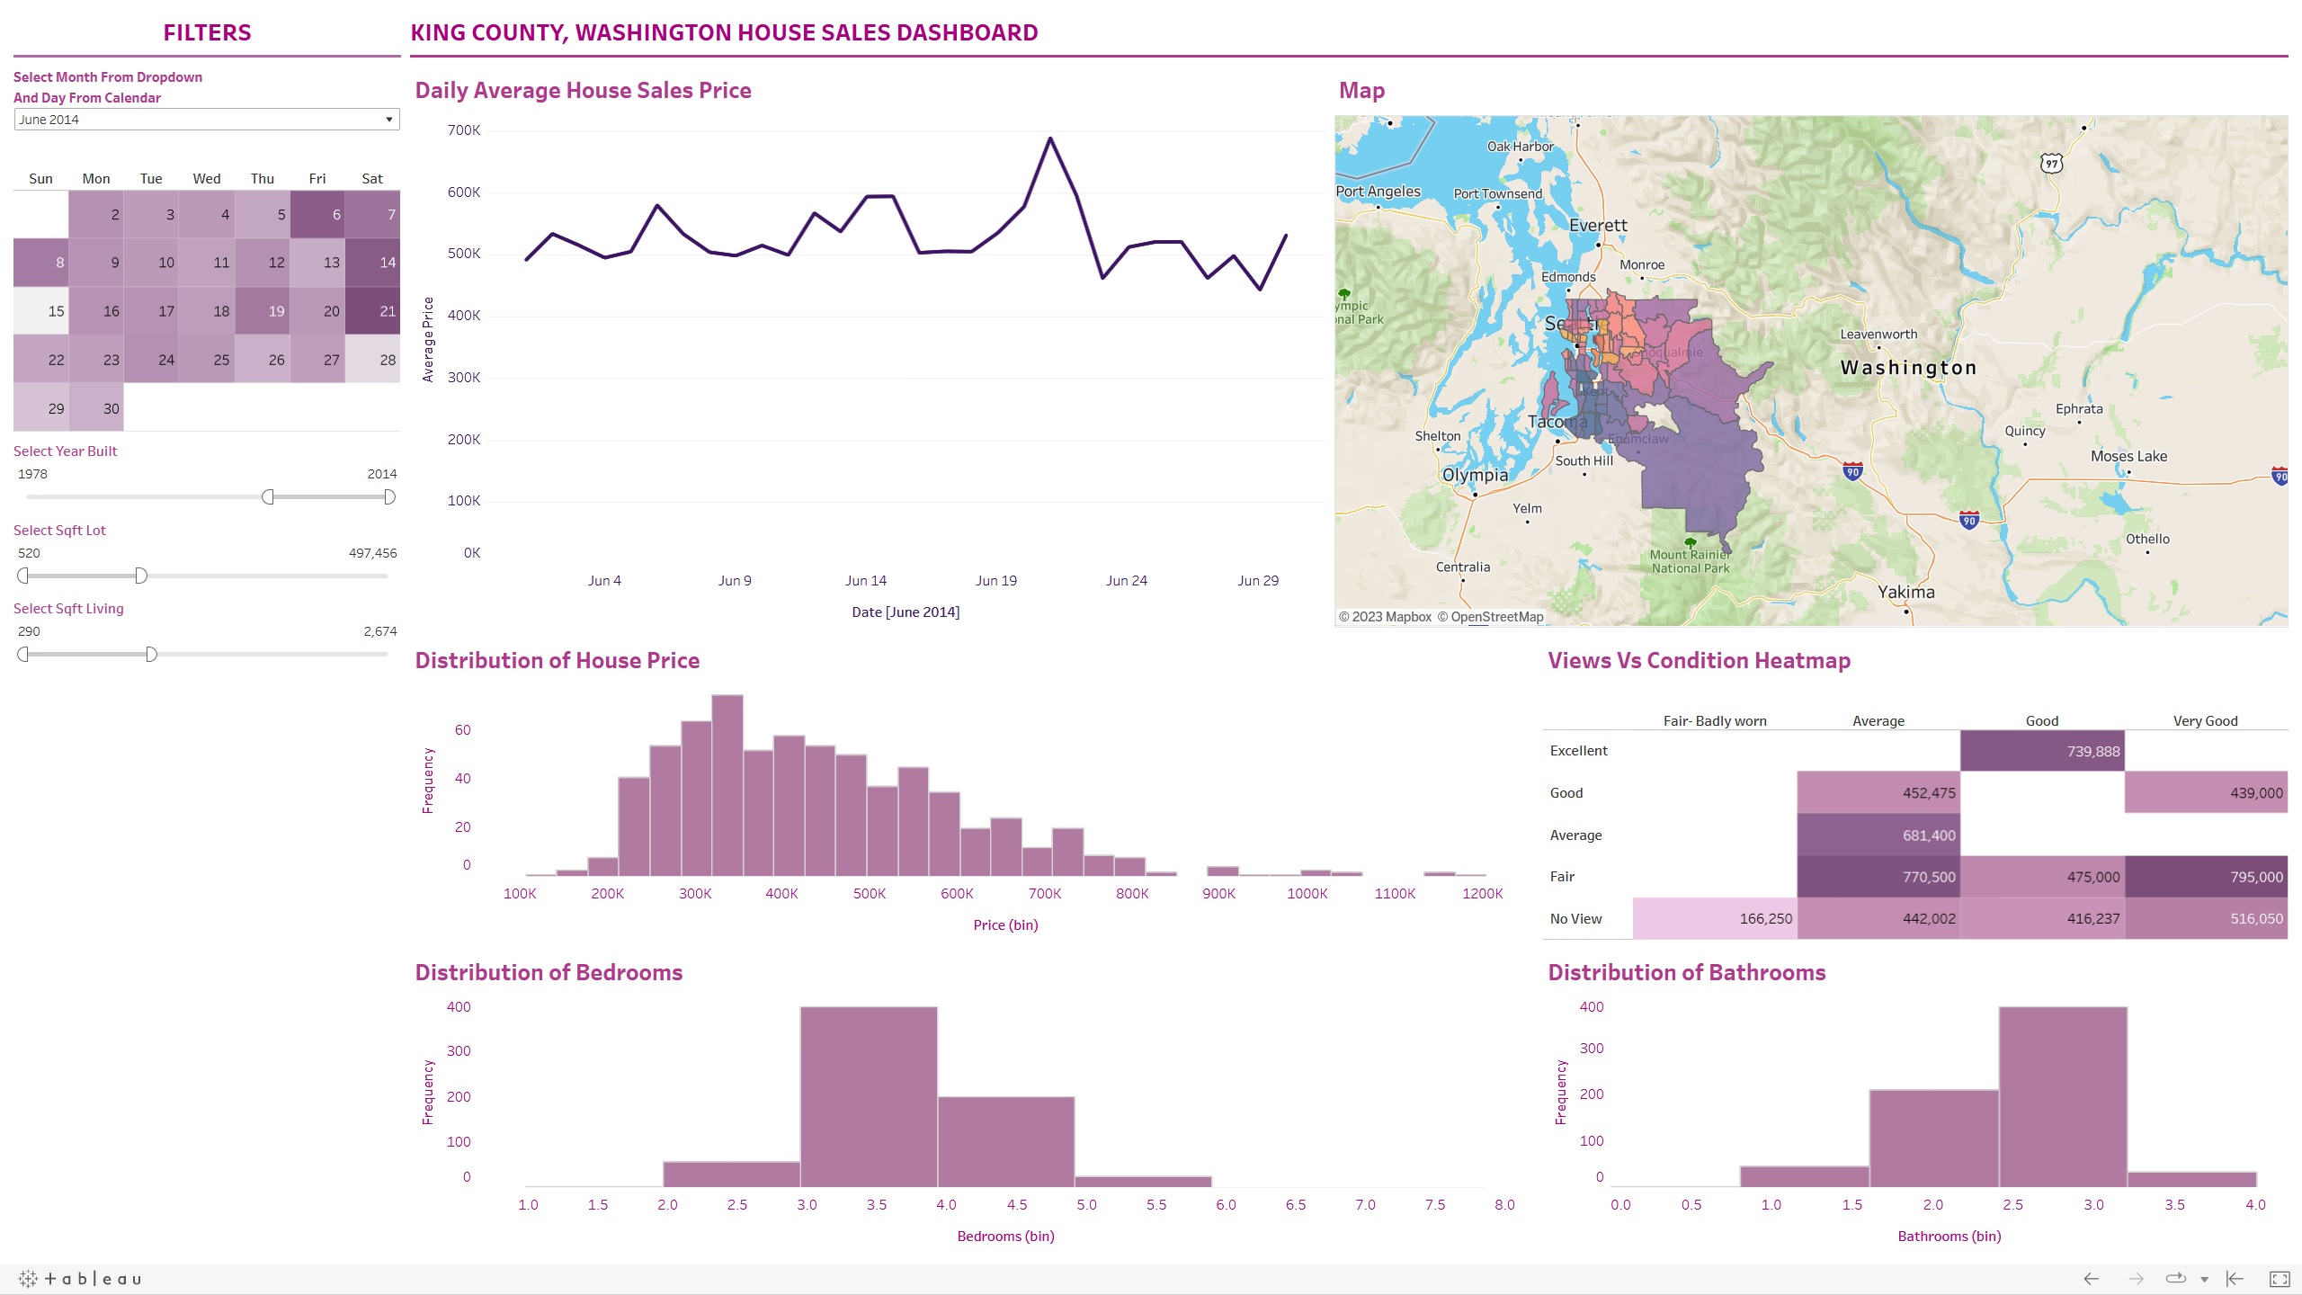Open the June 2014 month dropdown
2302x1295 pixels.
207,120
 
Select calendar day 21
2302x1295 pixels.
372,311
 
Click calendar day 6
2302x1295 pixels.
317,214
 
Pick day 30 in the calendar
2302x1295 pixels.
96,408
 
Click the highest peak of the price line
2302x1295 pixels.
1049,138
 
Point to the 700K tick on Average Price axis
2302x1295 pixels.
464,130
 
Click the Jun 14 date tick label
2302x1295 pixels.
865,581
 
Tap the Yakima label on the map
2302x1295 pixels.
1905,592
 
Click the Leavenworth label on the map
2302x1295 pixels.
1878,335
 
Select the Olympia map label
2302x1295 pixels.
1475,475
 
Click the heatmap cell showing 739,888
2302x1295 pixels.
2042,751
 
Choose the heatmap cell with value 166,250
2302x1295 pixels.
1715,918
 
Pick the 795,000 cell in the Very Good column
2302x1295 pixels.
2206,877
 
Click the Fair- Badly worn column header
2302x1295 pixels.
1715,721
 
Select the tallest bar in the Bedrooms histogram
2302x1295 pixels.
869,1097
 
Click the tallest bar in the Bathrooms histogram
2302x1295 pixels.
2063,1097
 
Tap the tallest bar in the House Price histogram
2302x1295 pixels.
727,785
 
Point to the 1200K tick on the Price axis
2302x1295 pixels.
1482,894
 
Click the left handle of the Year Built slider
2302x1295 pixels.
268,497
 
